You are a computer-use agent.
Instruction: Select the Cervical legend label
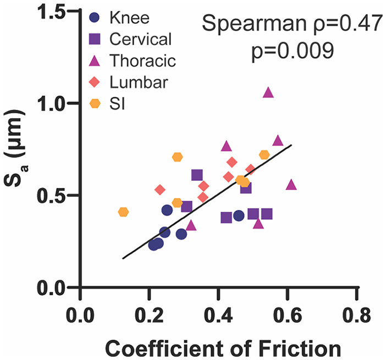[x=140, y=39]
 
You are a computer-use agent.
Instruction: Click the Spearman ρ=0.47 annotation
[x=285, y=24]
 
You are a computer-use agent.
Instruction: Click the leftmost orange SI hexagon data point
[x=123, y=212]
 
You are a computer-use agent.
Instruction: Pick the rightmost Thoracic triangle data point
[x=291, y=185]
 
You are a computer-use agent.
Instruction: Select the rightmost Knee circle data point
[x=239, y=215]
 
